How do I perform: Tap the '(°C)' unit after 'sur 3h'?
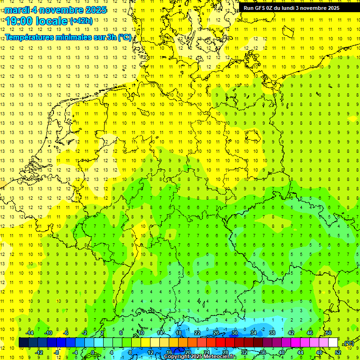pyautogui.click(x=125, y=37)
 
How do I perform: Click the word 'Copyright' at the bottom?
pyautogui.click(x=177, y=357)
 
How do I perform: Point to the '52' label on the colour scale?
pyautogui.click(x=338, y=352)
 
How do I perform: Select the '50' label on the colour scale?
pyautogui.click(x=329, y=333)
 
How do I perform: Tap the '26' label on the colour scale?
pyautogui.click(x=216, y=333)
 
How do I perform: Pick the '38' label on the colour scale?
pyautogui.click(x=272, y=333)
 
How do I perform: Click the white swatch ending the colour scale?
pyautogui.click(x=333, y=343)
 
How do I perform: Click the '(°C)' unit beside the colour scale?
pyautogui.click(x=349, y=343)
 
